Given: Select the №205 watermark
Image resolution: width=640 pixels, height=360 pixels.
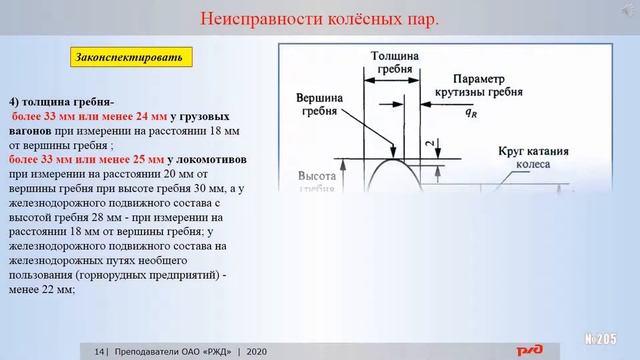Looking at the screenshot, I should [x=605, y=335].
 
